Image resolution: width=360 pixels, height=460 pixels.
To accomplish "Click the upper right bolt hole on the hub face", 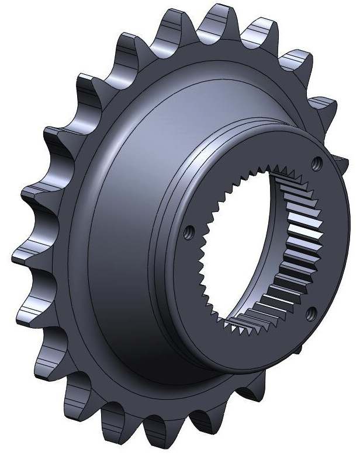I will (x=317, y=162).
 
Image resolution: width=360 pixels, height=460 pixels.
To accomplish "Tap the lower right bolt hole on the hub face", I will (x=311, y=313).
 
